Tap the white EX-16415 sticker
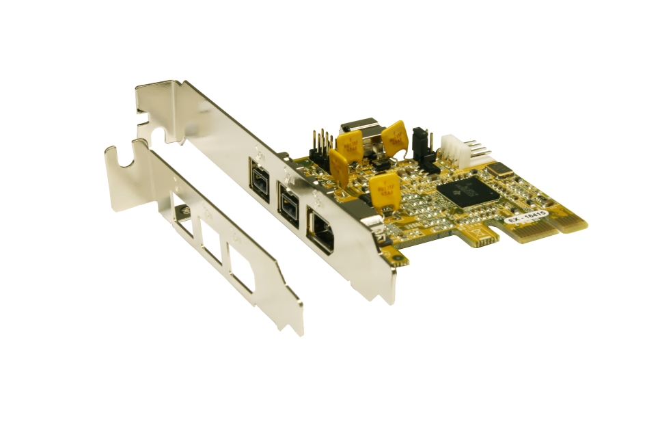pos(526,218)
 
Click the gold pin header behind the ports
pos(321,142)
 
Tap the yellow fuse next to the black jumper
pos(394,137)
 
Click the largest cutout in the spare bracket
pos(247,271)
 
